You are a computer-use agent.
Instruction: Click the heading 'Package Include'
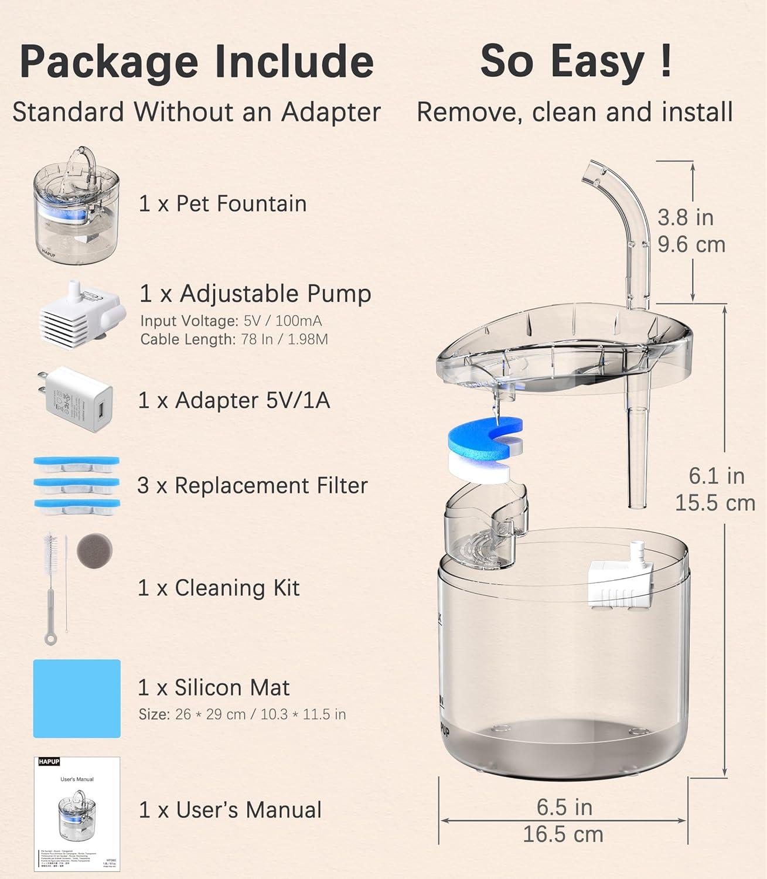pyautogui.click(x=197, y=62)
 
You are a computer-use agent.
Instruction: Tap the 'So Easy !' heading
pyautogui.click(x=575, y=61)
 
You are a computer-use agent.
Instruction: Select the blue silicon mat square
pyautogui.click(x=77, y=699)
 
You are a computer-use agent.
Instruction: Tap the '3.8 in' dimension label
pyautogui.click(x=685, y=217)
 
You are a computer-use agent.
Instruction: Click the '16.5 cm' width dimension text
pyautogui.click(x=563, y=834)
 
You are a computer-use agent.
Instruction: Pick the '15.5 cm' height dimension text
pyautogui.click(x=715, y=503)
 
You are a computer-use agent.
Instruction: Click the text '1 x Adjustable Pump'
pyautogui.click(x=255, y=294)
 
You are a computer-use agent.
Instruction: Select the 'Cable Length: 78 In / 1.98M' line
pyautogui.click(x=234, y=339)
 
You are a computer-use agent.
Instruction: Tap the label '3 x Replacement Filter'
pyautogui.click(x=252, y=485)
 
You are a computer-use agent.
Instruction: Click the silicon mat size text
pyautogui.click(x=242, y=714)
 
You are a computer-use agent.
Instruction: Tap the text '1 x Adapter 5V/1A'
pyautogui.click(x=234, y=400)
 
